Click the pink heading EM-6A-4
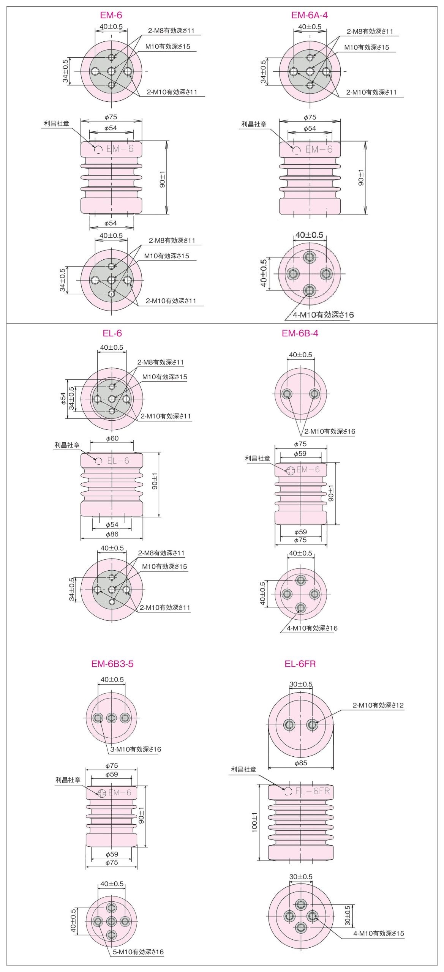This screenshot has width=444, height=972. point(310,15)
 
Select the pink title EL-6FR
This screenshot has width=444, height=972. point(300,664)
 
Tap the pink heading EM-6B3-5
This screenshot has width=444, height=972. point(112,664)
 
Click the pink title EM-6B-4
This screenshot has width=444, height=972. point(300,333)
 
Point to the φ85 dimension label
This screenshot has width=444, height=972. point(301,763)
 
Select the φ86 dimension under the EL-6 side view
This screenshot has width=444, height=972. point(112,534)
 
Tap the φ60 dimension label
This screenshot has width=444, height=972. point(112,438)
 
